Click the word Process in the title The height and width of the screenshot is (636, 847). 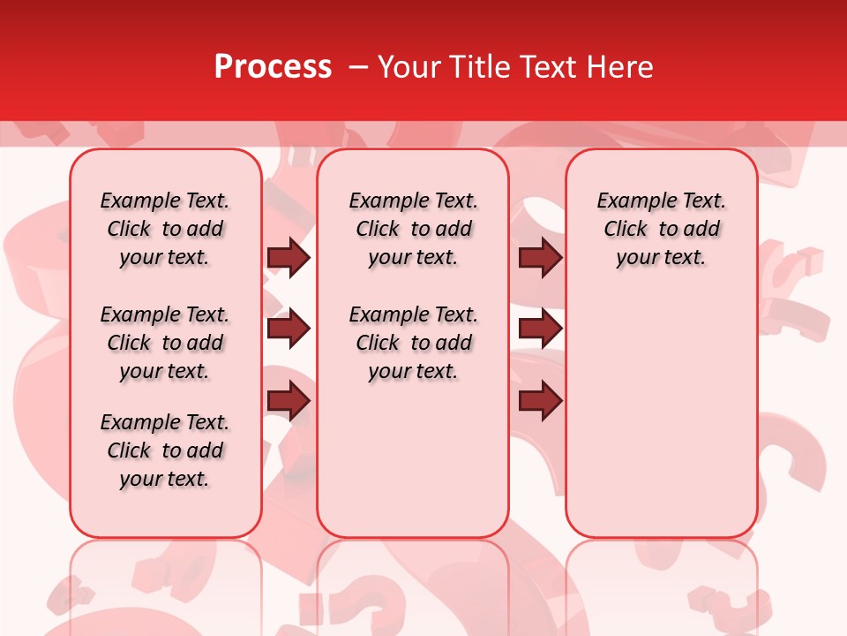(x=273, y=67)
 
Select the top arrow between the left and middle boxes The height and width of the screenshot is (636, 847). (x=289, y=257)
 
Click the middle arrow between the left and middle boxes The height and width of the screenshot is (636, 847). (x=289, y=329)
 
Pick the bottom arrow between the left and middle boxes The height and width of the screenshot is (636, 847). (x=289, y=401)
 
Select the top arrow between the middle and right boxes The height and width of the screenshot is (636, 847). (x=540, y=257)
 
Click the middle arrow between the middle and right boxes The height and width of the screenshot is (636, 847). (x=540, y=329)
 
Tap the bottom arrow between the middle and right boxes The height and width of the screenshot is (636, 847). (x=540, y=401)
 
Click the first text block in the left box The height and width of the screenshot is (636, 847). (x=165, y=229)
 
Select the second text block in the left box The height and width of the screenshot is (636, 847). (x=165, y=343)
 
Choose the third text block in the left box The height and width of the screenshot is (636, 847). (x=165, y=450)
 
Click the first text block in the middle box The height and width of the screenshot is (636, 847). (x=413, y=229)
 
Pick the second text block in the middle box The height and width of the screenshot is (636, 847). (x=413, y=343)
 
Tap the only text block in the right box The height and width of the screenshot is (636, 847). (x=662, y=229)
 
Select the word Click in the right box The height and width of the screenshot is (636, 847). (x=626, y=230)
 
